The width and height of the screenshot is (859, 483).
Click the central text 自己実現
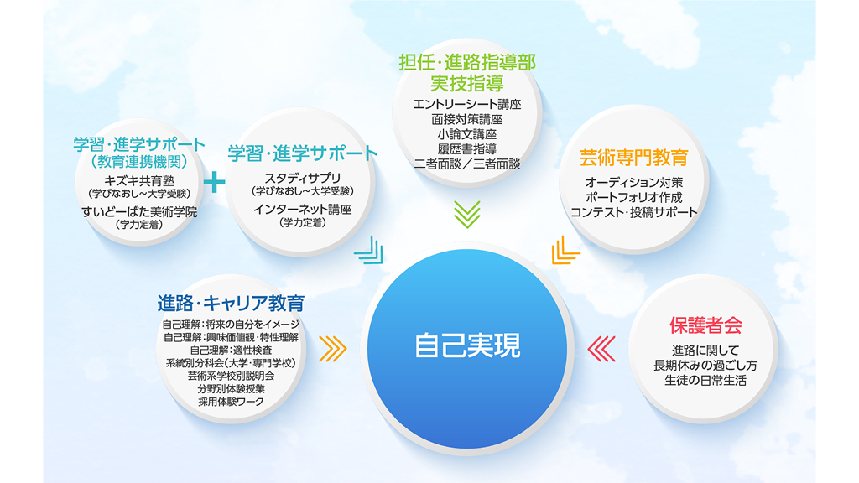(467, 345)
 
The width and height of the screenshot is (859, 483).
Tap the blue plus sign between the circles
(214, 182)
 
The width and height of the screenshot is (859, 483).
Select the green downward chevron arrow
(467, 214)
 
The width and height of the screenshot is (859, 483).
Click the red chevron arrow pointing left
(601, 349)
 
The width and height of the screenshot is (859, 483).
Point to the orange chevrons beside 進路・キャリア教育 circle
(332, 349)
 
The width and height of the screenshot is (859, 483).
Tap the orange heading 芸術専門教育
(634, 158)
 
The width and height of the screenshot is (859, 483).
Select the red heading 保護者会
(705, 325)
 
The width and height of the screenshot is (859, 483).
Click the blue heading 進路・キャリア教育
(231, 303)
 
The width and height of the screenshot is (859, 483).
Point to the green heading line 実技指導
(467, 83)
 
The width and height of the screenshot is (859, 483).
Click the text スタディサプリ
(302, 178)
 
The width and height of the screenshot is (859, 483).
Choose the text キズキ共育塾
(139, 181)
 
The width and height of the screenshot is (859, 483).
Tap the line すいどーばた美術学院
(139, 211)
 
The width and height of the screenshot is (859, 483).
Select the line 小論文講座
(467, 134)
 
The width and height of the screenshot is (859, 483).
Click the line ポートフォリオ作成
(634, 197)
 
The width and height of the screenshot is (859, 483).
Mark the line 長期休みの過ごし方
(705, 366)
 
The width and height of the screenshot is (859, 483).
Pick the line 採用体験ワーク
(231, 402)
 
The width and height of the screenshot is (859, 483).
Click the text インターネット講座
(302, 209)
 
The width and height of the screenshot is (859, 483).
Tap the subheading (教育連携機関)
(139, 162)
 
